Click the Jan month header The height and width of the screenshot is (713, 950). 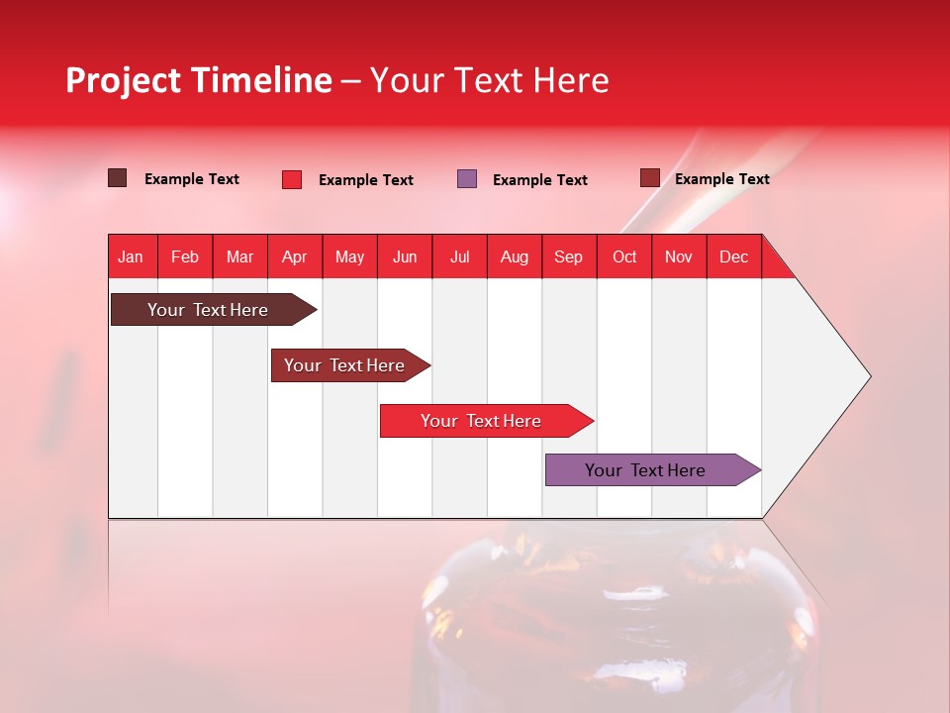pos(131,256)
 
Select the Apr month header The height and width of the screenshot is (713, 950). pos(294,256)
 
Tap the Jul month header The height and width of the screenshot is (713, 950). pos(459,256)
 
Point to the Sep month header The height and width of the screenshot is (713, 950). pos(568,256)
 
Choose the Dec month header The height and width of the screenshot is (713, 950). pos(733,256)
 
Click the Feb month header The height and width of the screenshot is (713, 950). pos(185,256)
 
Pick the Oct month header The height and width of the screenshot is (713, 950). pos(624,256)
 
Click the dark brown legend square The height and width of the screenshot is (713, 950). pos(117,178)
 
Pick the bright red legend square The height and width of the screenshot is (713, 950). pos(291,179)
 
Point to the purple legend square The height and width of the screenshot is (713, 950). pos(467,179)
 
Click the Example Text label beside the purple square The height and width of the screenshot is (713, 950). pos(539,180)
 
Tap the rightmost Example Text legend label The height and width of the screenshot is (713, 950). pos(721,179)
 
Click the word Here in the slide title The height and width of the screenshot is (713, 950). pos(571,80)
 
